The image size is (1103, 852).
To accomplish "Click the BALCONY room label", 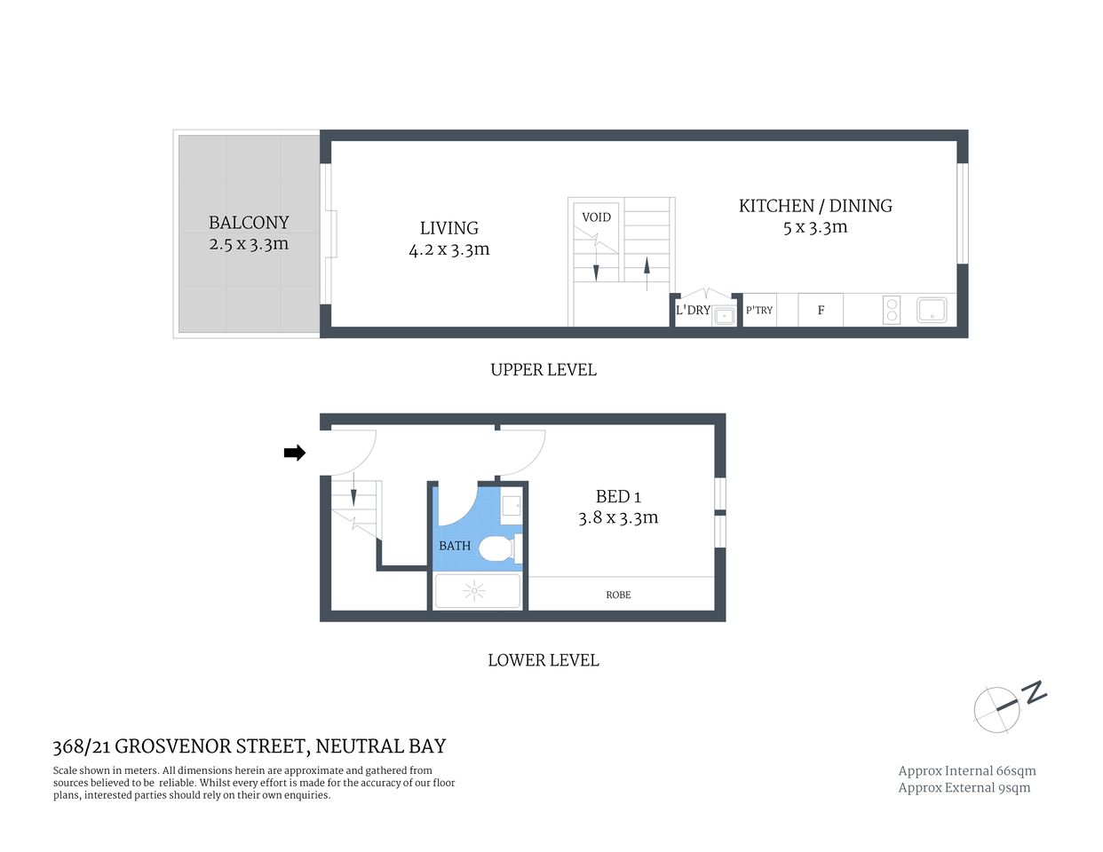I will pyautogui.click(x=249, y=223).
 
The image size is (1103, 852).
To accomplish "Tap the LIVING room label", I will pyautogui.click(x=449, y=228).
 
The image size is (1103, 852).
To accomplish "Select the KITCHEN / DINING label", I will pyautogui.click(x=815, y=206).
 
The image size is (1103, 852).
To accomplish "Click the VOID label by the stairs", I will pyautogui.click(x=596, y=217).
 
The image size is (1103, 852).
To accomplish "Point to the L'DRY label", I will pyautogui.click(x=693, y=311).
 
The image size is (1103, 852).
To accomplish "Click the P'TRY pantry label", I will pyautogui.click(x=759, y=311).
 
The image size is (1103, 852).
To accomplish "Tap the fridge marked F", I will pyautogui.click(x=821, y=311).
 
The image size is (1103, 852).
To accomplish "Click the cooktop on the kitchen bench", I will pyautogui.click(x=892, y=310).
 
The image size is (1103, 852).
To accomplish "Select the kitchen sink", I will pyautogui.click(x=932, y=310).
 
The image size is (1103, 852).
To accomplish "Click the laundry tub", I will pyautogui.click(x=725, y=314).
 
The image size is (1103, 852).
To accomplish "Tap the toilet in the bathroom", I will pyautogui.click(x=498, y=548).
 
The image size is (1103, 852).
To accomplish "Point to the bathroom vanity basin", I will pyautogui.click(x=512, y=506).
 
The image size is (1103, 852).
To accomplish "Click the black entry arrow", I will pyautogui.click(x=294, y=454).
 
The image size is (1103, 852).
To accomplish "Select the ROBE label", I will pyautogui.click(x=618, y=595).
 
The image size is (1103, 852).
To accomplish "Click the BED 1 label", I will pyautogui.click(x=618, y=497).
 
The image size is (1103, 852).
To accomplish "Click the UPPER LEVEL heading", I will pyautogui.click(x=544, y=370).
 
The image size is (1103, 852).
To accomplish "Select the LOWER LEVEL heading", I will pyautogui.click(x=544, y=660).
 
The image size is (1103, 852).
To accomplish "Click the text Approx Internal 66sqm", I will pyautogui.click(x=967, y=771).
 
